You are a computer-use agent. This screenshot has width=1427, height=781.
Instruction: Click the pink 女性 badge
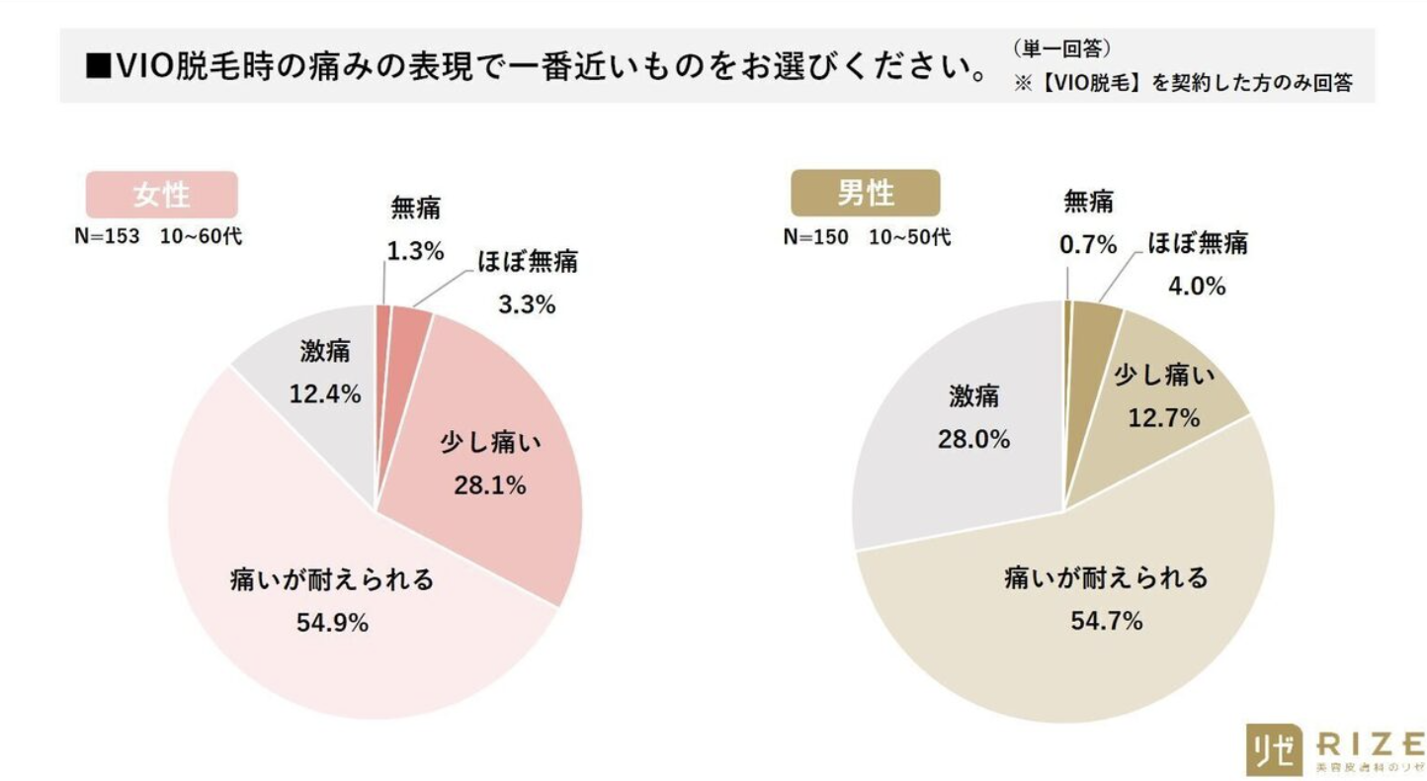pos(161,195)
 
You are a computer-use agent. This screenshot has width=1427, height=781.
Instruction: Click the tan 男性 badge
pos(865,193)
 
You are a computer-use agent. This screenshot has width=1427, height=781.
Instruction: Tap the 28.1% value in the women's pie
pos(490,485)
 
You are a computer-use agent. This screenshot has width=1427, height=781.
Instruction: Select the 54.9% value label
pos(332,623)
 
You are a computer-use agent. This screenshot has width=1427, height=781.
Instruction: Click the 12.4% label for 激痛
pos(324,394)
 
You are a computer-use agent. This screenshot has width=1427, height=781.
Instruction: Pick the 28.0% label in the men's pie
pos(973,440)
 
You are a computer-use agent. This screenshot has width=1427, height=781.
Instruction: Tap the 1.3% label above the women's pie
pos(415,252)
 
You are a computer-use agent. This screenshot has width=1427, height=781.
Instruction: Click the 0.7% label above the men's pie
pos(1088,244)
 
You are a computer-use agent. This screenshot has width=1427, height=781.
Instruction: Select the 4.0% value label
pos(1197,287)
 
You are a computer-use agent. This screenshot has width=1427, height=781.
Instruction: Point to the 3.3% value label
pos(526,305)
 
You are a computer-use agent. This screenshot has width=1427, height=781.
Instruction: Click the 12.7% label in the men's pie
pos(1163,418)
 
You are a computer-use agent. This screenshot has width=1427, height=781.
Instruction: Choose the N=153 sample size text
pos(108,239)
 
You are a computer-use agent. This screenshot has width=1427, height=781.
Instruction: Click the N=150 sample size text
pos(815,238)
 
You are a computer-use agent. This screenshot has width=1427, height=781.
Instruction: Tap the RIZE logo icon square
pos(1271,750)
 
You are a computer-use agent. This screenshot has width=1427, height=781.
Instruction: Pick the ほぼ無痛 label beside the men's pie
pos(1197,243)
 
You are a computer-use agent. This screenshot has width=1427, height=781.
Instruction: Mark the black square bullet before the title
pos(97,67)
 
